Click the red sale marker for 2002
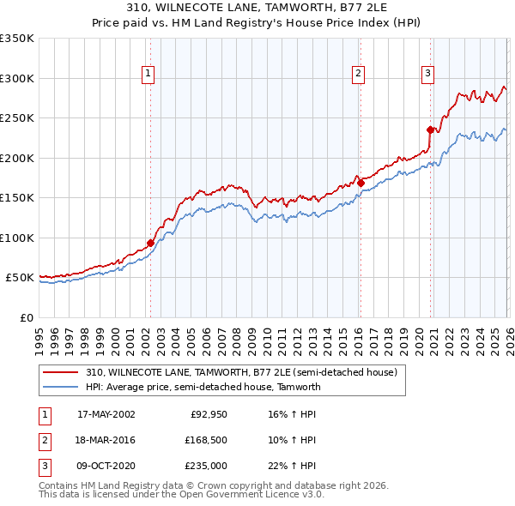point(150,243)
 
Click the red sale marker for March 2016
point(360,183)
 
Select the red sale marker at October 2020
point(430,130)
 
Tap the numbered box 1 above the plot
point(148,75)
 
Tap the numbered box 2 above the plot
point(358,75)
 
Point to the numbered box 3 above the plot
point(427,75)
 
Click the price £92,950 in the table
point(208,414)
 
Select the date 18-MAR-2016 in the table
point(106,440)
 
